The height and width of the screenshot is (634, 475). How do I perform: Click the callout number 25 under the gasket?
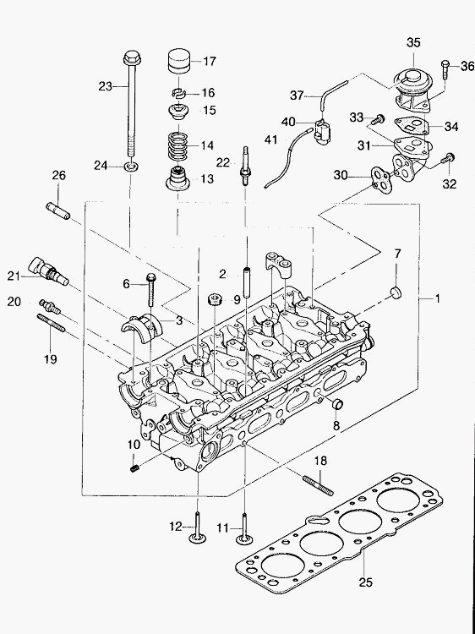coord(365,582)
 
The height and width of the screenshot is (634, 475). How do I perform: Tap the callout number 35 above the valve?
coord(413,42)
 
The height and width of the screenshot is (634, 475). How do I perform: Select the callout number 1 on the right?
coord(437,298)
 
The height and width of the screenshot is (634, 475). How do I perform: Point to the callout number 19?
coord(51,359)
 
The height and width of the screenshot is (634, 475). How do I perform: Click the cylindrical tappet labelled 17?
coord(178,62)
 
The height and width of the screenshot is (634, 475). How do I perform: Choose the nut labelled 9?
coord(214,300)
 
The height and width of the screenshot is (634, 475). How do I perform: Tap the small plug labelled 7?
coord(396,292)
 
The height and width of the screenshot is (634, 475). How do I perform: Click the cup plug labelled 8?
coord(337,403)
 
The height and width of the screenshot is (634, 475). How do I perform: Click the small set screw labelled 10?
coord(135,468)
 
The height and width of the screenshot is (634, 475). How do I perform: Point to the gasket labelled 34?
coord(411,126)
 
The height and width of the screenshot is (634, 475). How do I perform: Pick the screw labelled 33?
coord(379,119)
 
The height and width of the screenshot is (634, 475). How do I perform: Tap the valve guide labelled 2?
coord(247,281)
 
